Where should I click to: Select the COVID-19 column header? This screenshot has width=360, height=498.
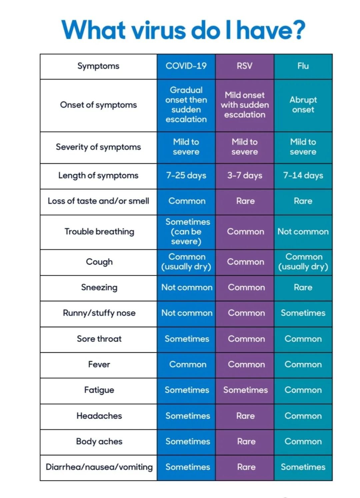pyautogui.click(x=186, y=66)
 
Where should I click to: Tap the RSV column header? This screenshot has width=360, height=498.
pyautogui.click(x=244, y=66)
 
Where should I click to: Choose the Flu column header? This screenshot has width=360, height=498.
pyautogui.click(x=303, y=66)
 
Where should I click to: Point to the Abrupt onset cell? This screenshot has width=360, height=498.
pyautogui.click(x=303, y=105)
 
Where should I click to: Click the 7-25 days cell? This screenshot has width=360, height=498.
pyautogui.click(x=186, y=175)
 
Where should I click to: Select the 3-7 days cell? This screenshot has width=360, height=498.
pyautogui.click(x=245, y=175)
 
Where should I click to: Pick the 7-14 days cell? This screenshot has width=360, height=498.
pyautogui.click(x=303, y=175)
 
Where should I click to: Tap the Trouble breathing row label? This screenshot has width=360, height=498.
pyautogui.click(x=99, y=232)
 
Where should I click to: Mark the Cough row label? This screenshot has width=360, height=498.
pyautogui.click(x=99, y=262)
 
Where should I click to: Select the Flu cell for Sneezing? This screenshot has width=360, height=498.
pyautogui.click(x=303, y=287)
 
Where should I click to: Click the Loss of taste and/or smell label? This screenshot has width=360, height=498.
pyautogui.click(x=98, y=201)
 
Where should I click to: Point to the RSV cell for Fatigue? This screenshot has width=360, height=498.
pyautogui.click(x=245, y=390)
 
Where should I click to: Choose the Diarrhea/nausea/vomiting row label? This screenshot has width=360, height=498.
pyautogui.click(x=99, y=467)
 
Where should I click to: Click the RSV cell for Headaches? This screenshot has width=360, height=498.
pyautogui.click(x=245, y=416)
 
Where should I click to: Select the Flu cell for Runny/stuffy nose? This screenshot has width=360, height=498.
pyautogui.click(x=303, y=313)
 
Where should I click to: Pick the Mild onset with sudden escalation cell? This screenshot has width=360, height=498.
pyautogui.click(x=245, y=105)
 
